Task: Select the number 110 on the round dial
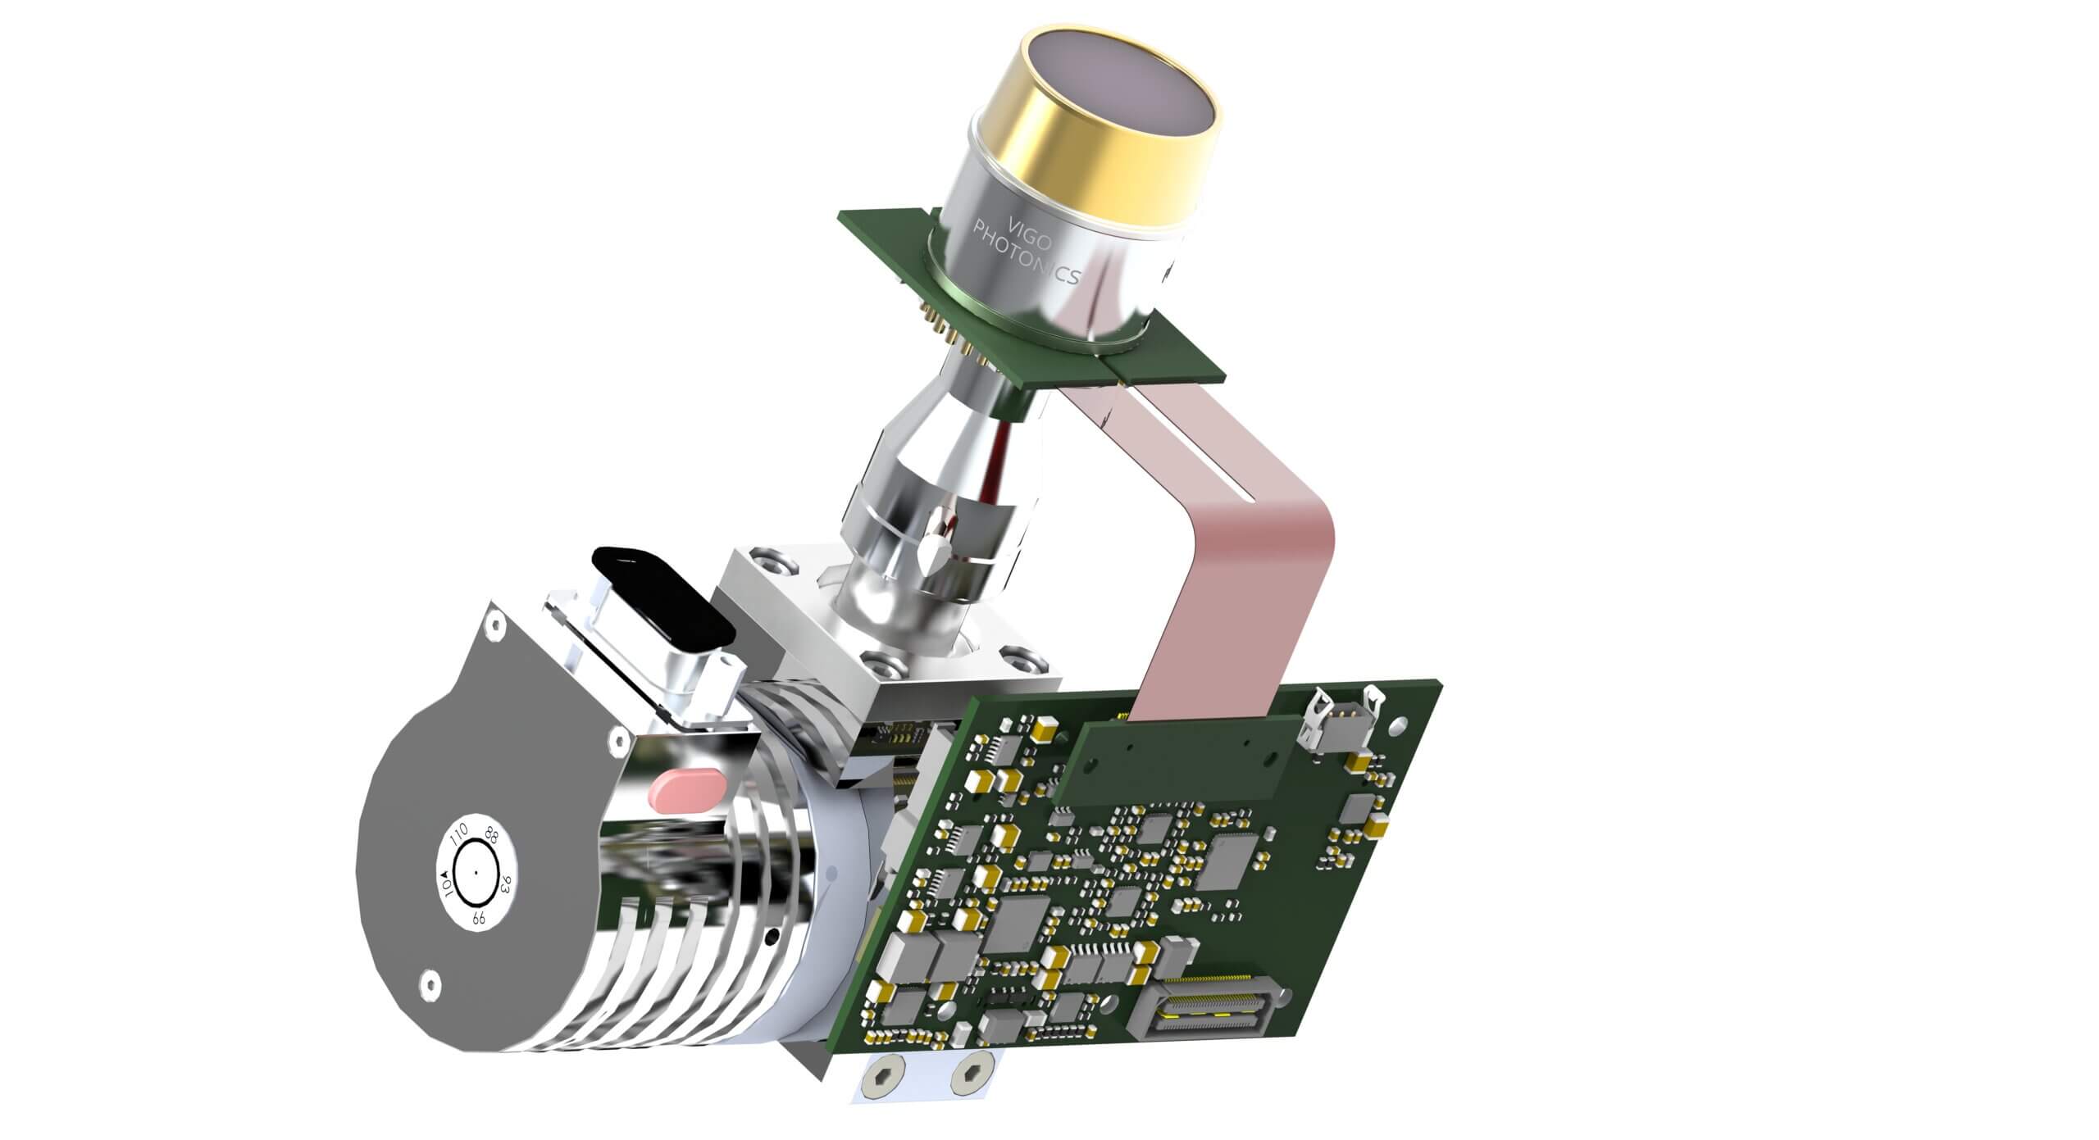click(x=458, y=838)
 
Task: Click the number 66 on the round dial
click(x=478, y=919)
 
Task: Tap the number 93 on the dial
click(x=506, y=885)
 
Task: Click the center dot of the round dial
click(x=475, y=874)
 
